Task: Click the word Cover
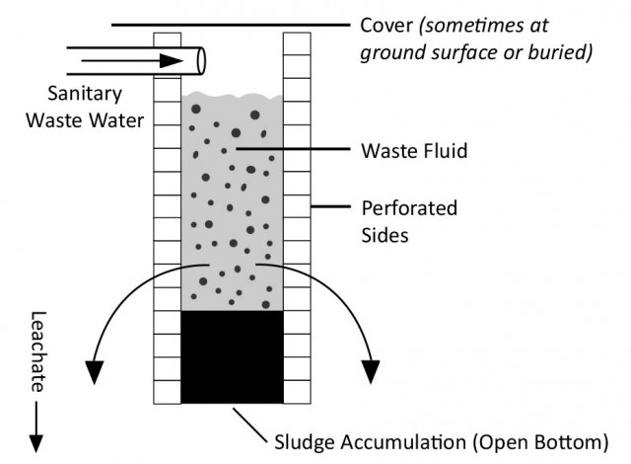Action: click(386, 25)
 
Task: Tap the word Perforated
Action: click(410, 208)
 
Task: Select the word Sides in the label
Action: click(385, 237)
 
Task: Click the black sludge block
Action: click(232, 356)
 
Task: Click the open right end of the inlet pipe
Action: click(201, 59)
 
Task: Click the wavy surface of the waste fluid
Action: click(232, 97)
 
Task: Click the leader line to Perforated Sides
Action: click(330, 208)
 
